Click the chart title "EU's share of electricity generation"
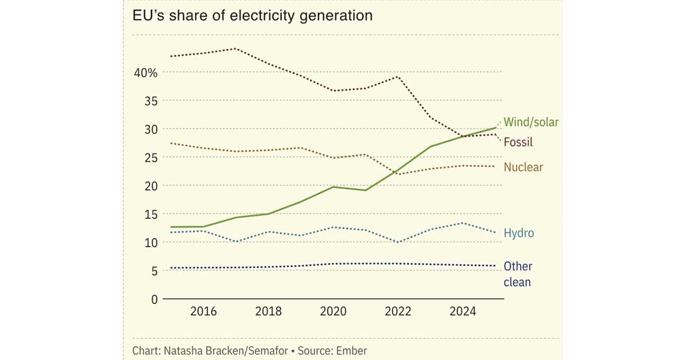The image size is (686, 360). (252, 15)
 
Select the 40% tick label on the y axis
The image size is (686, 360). (146, 73)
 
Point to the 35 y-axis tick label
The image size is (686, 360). (150, 101)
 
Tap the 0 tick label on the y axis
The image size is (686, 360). (153, 299)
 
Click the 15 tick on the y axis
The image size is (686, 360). (150, 214)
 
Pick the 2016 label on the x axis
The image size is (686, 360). (204, 311)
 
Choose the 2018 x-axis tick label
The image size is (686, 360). (268, 311)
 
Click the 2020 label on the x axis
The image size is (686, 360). (333, 311)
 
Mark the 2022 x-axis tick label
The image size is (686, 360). (398, 311)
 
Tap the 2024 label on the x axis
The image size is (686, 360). (462, 311)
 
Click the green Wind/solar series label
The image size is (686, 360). (531, 122)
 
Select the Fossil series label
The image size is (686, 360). (518, 142)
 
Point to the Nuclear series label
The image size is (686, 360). (523, 167)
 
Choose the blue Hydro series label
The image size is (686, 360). (519, 233)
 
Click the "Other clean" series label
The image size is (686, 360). (518, 274)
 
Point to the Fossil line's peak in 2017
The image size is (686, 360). (236, 49)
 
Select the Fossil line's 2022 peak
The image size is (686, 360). (398, 77)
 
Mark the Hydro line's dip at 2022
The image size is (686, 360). (398, 242)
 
